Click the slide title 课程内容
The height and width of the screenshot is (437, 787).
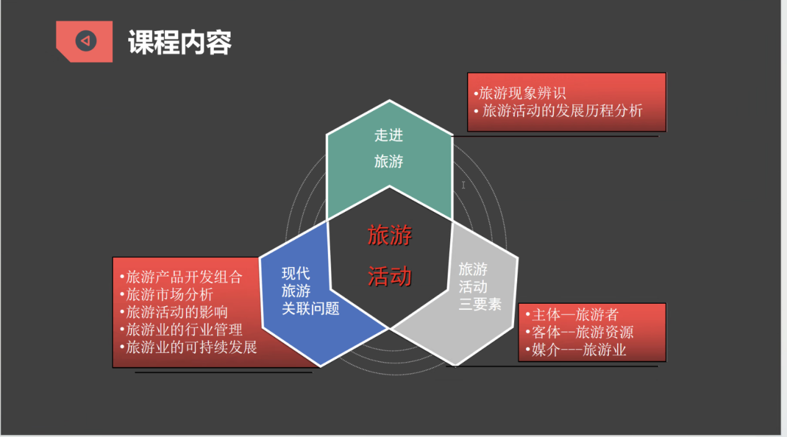pos(179,42)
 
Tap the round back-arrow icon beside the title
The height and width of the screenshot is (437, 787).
pos(86,41)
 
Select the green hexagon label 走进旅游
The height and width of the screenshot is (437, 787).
pos(389,148)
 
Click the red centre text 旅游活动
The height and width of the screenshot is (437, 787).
pos(389,255)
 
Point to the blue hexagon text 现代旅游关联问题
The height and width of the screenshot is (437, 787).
pos(311,291)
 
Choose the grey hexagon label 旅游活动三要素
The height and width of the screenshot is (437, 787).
pos(480,286)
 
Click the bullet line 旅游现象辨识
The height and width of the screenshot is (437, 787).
pos(520,93)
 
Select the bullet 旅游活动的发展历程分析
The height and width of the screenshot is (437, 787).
pos(558,111)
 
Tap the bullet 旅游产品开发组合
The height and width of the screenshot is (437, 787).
pos(181,277)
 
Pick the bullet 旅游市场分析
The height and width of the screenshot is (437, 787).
pos(166,294)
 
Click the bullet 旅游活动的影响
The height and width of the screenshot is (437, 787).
pos(174,312)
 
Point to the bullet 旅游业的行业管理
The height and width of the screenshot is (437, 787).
pos(181,330)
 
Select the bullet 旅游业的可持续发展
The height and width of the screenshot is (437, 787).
pos(189,347)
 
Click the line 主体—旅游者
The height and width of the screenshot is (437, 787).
pos(572,314)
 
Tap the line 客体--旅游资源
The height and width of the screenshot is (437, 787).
pos(579,332)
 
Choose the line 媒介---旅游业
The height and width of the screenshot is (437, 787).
pos(576,350)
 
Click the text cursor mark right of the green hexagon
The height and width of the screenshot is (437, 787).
pos(463,185)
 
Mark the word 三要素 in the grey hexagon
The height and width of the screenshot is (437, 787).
pos(480,304)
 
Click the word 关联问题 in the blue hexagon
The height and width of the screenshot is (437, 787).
pos(311,309)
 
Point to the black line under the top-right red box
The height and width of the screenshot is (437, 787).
pos(555,136)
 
